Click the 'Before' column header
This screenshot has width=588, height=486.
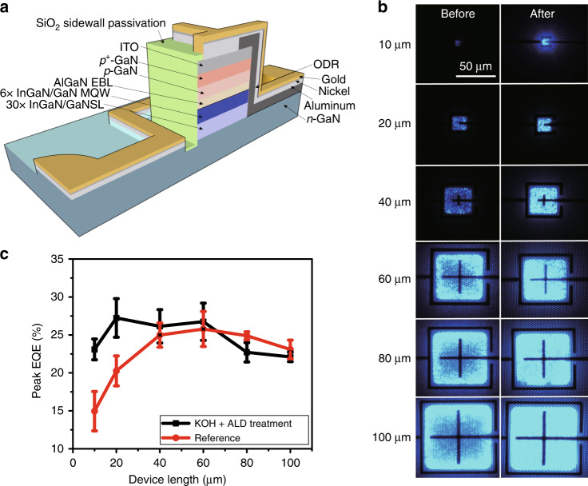(x=458, y=13)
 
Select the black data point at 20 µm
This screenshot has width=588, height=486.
(x=117, y=318)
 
